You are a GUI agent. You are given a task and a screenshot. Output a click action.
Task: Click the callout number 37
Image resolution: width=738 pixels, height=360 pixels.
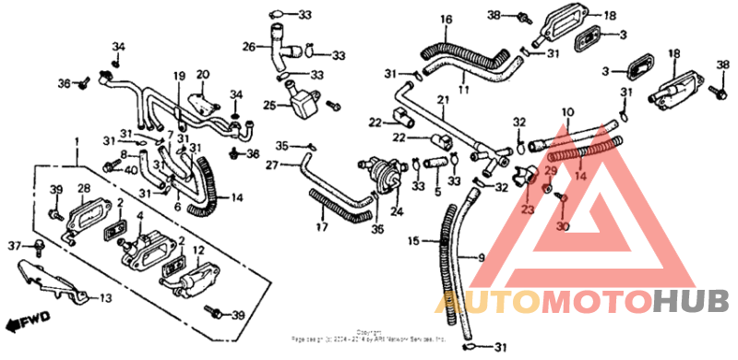click(x=13, y=246)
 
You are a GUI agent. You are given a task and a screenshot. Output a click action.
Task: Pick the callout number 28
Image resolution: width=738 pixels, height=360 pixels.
click(x=82, y=190)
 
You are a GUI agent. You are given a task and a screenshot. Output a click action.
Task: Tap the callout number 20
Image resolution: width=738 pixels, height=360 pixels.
click(x=203, y=74)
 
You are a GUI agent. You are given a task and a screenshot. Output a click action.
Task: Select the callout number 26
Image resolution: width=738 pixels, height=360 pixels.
click(x=249, y=46)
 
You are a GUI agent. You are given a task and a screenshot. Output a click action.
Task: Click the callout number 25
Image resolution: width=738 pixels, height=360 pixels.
click(x=269, y=105)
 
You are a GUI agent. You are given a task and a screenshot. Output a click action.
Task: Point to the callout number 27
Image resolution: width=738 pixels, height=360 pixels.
click(x=272, y=165)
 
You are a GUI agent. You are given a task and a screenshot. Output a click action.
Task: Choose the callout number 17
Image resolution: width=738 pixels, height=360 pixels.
click(x=321, y=226)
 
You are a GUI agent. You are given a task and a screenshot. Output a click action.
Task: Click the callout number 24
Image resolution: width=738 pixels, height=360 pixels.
click(x=397, y=211)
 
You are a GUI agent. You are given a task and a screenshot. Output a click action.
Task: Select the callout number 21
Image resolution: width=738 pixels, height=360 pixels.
click(x=443, y=100)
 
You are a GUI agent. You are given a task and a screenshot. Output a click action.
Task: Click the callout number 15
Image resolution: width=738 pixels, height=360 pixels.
click(x=414, y=241)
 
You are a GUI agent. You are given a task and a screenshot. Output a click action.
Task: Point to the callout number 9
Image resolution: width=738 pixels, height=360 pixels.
click(x=480, y=258)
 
